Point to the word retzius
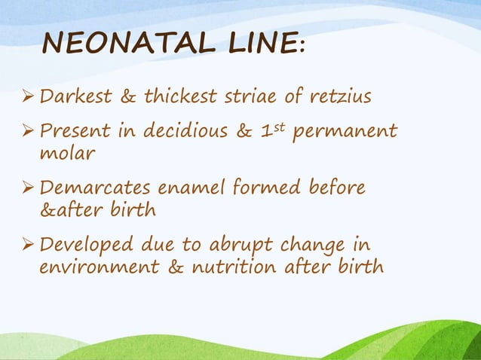[x=335, y=96]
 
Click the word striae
[x=252, y=96]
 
